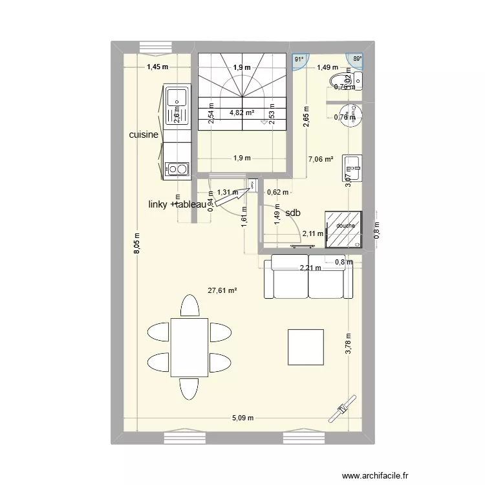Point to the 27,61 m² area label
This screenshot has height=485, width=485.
pyautogui.click(x=222, y=291)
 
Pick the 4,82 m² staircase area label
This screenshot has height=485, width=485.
pyautogui.click(x=241, y=112)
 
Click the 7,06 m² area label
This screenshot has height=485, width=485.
pyautogui.click(x=320, y=159)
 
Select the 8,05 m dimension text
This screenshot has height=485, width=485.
pyautogui.click(x=136, y=244)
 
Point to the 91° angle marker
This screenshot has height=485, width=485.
pyautogui.click(x=299, y=59)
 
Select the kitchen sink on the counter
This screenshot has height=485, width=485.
pyautogui.click(x=177, y=98)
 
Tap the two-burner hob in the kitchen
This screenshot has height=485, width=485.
pyautogui.click(x=177, y=169)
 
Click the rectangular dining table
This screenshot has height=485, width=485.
pyautogui.click(x=189, y=346)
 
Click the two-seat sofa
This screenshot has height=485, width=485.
pyautogui.click(x=308, y=277)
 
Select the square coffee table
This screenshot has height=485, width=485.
pyautogui.click(x=305, y=346)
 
